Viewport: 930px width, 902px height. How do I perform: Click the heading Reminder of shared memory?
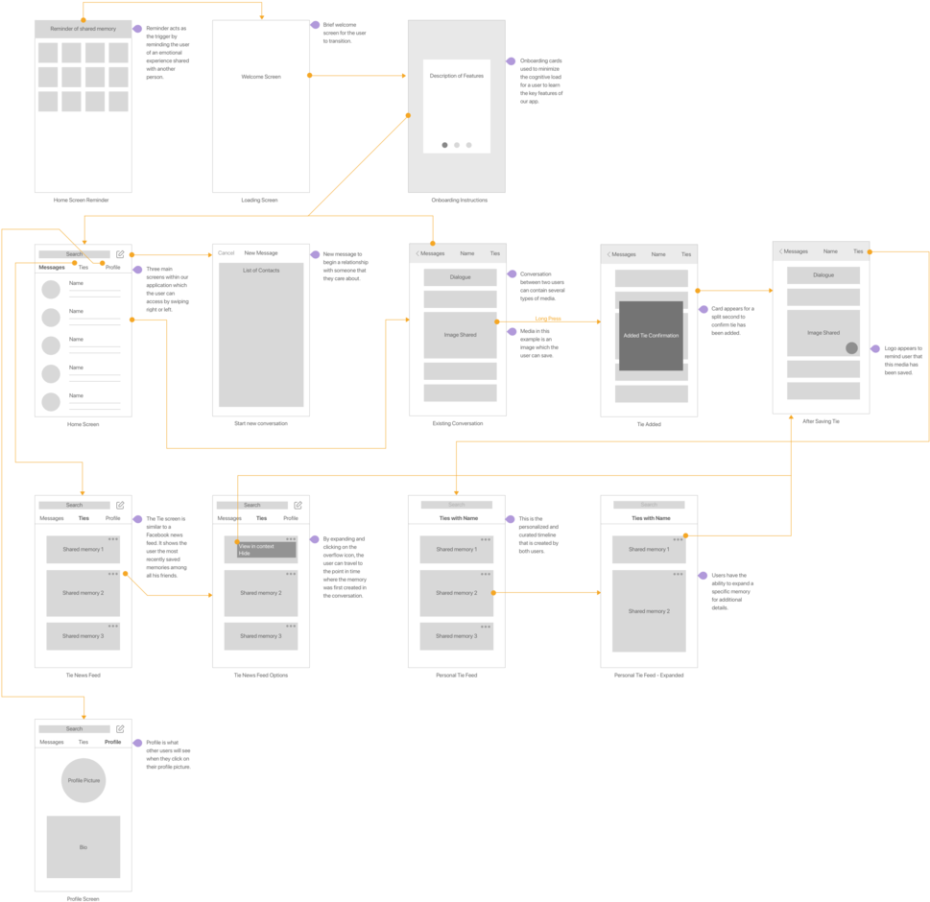tap(83, 29)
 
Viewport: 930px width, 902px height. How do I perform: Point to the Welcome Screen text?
tap(260, 77)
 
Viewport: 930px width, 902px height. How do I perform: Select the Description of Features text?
tap(457, 75)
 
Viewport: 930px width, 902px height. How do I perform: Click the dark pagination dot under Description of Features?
tap(444, 145)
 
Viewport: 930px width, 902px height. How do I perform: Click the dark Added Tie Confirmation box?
tap(651, 336)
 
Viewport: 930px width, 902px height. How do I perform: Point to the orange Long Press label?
tap(548, 319)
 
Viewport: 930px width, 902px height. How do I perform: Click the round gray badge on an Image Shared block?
tap(851, 347)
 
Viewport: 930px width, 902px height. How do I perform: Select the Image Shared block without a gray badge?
tap(460, 335)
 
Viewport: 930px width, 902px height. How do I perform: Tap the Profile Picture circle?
tap(83, 781)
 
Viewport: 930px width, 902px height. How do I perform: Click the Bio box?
tap(83, 847)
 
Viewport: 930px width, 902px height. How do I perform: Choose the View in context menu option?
tap(258, 546)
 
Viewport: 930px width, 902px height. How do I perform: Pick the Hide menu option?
tap(245, 554)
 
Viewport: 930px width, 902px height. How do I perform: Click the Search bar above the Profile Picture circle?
tap(75, 729)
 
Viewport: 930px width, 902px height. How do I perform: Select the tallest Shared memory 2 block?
tap(649, 611)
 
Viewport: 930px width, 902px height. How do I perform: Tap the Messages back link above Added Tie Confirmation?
tap(623, 254)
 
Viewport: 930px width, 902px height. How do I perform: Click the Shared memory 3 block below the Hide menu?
tap(260, 636)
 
